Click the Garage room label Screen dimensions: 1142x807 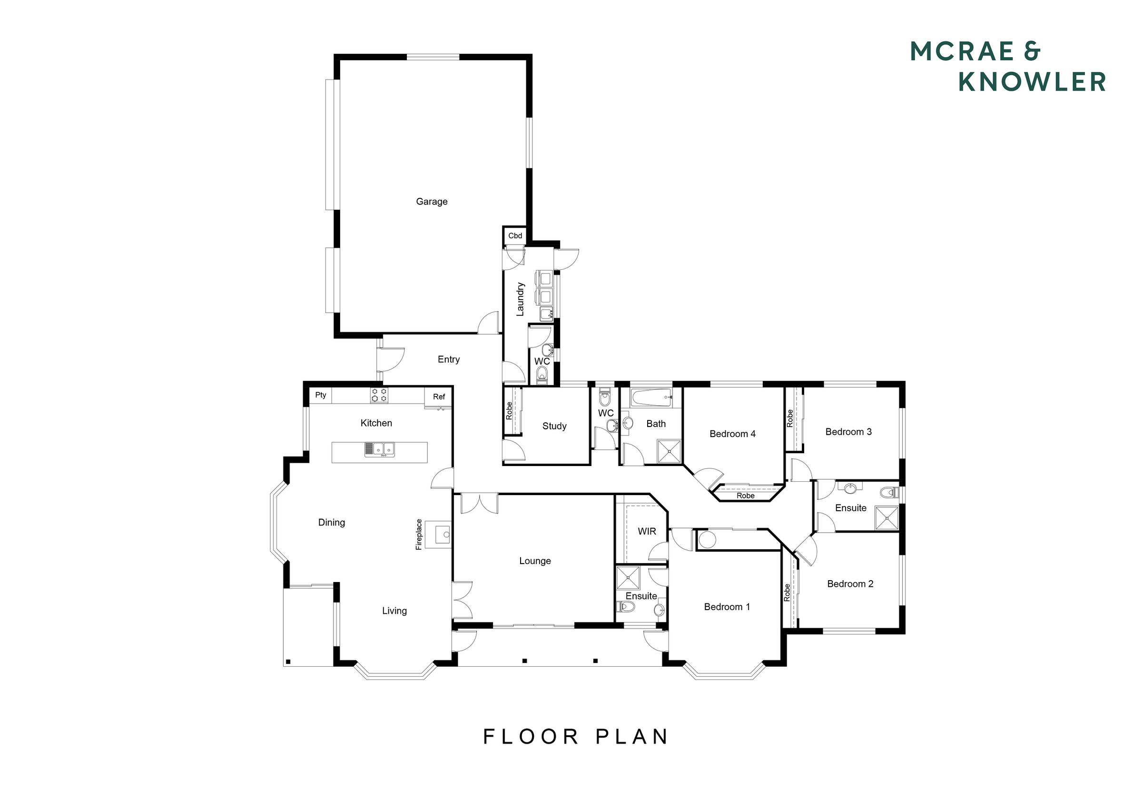click(432, 201)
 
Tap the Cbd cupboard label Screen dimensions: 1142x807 click(515, 236)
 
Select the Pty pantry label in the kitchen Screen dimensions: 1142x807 click(321, 395)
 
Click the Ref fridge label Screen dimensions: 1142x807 click(439, 397)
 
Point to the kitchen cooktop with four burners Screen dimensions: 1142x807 click(379, 395)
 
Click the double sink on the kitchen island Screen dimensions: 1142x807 click(380, 449)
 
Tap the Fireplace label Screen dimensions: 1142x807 click(419, 535)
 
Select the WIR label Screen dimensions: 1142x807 click(647, 532)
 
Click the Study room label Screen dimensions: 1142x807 click(555, 426)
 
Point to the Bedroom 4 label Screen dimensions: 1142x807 click(733, 434)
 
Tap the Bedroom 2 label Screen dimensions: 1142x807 click(850, 584)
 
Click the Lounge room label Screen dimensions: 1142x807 click(535, 561)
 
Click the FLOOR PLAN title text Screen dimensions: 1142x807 click(576, 737)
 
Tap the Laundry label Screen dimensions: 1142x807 click(520, 299)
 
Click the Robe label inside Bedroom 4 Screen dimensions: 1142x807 click(746, 496)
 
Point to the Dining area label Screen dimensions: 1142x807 click(332, 523)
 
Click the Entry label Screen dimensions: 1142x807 click(449, 360)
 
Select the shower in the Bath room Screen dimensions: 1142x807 click(669, 451)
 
